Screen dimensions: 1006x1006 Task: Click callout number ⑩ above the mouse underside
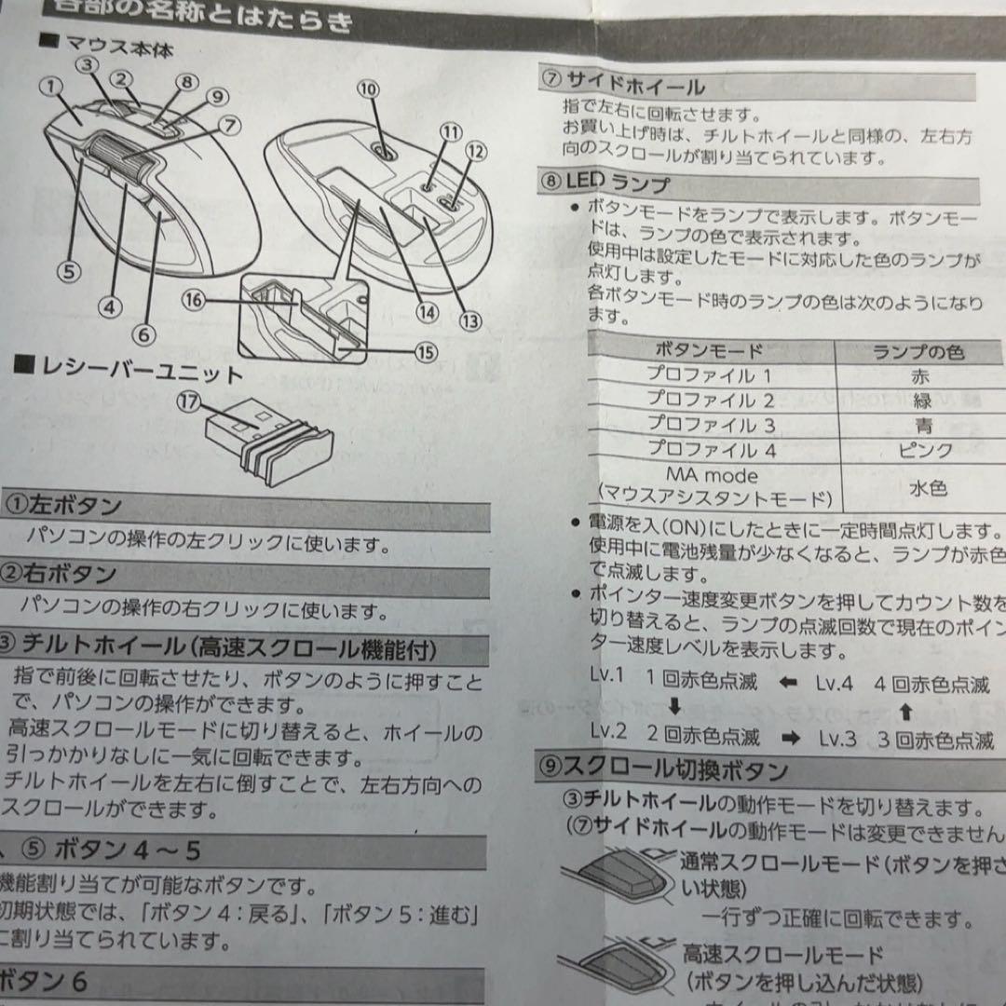click(x=369, y=89)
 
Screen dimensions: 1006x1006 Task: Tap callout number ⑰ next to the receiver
click(x=191, y=402)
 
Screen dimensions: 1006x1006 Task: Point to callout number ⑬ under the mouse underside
click(x=470, y=320)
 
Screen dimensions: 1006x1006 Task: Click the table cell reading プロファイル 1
click(x=709, y=375)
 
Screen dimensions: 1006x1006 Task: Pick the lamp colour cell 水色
click(x=927, y=487)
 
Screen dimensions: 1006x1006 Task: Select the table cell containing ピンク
click(x=925, y=449)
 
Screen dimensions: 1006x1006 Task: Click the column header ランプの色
click(x=918, y=351)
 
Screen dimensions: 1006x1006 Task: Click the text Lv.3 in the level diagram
click(x=836, y=739)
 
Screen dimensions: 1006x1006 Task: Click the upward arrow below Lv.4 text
click(x=904, y=714)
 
